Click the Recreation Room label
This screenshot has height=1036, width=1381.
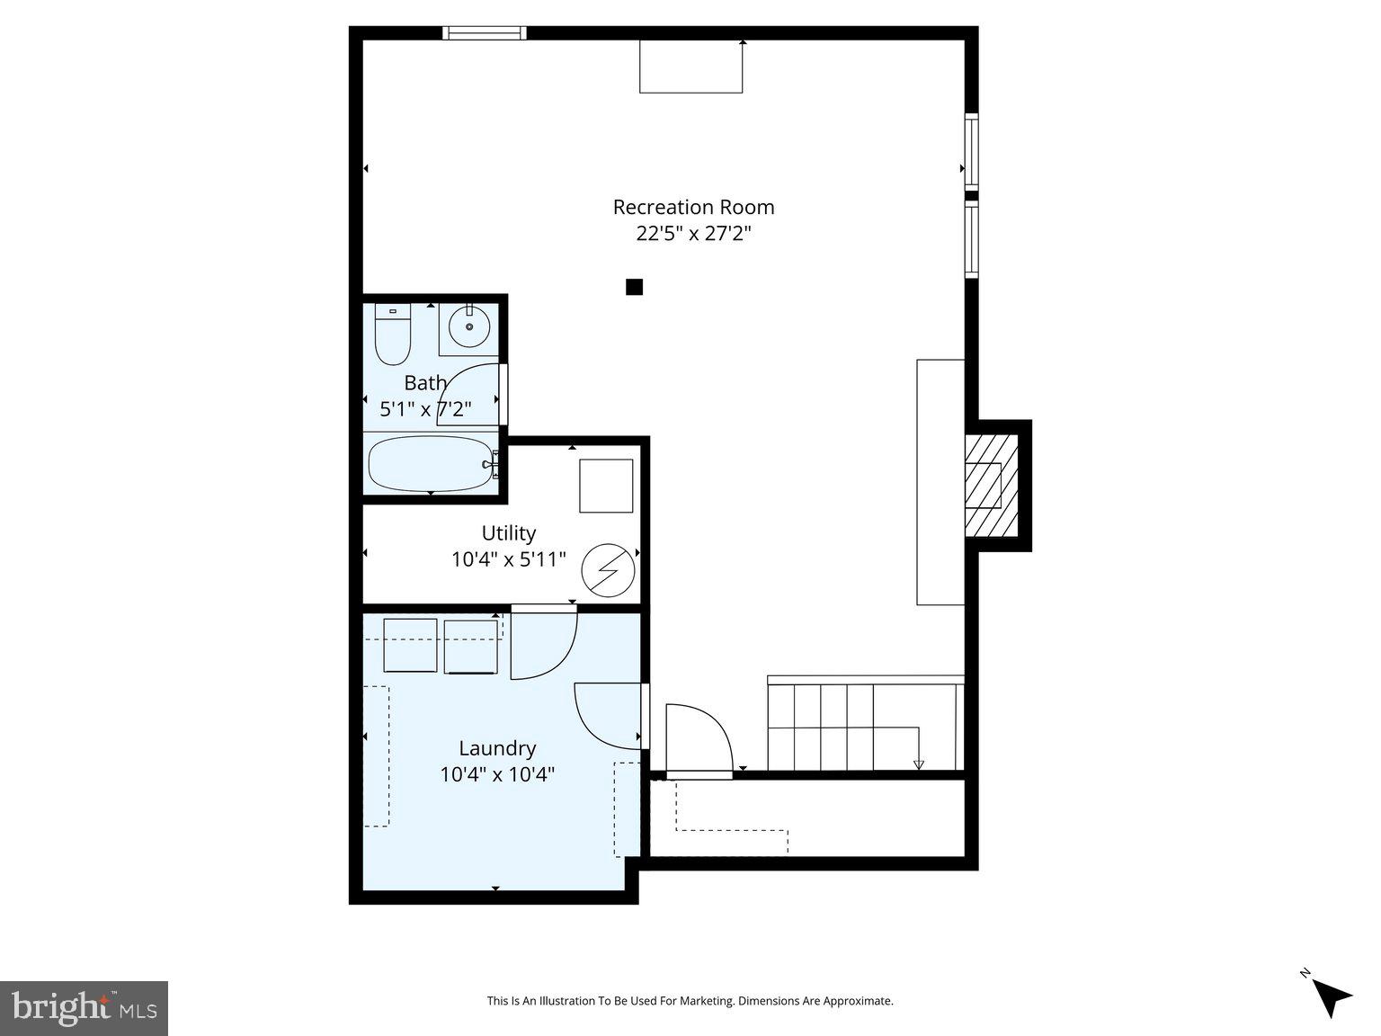693,207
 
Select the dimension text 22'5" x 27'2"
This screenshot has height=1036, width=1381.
693,234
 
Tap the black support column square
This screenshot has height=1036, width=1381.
634,287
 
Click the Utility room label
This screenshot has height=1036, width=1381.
509,532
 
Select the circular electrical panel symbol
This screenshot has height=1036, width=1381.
608,570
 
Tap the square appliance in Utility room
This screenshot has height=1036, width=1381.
605,486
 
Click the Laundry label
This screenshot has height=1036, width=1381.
497,748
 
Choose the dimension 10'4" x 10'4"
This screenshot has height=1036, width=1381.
497,774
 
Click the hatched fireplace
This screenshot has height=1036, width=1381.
991,486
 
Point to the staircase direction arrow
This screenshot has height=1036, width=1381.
918,764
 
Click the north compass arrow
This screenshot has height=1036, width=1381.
1331,997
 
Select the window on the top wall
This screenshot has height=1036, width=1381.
485,33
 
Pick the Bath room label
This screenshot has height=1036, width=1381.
425,383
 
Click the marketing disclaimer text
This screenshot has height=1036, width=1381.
690,1001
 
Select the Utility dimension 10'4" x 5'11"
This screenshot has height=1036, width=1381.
509,559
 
